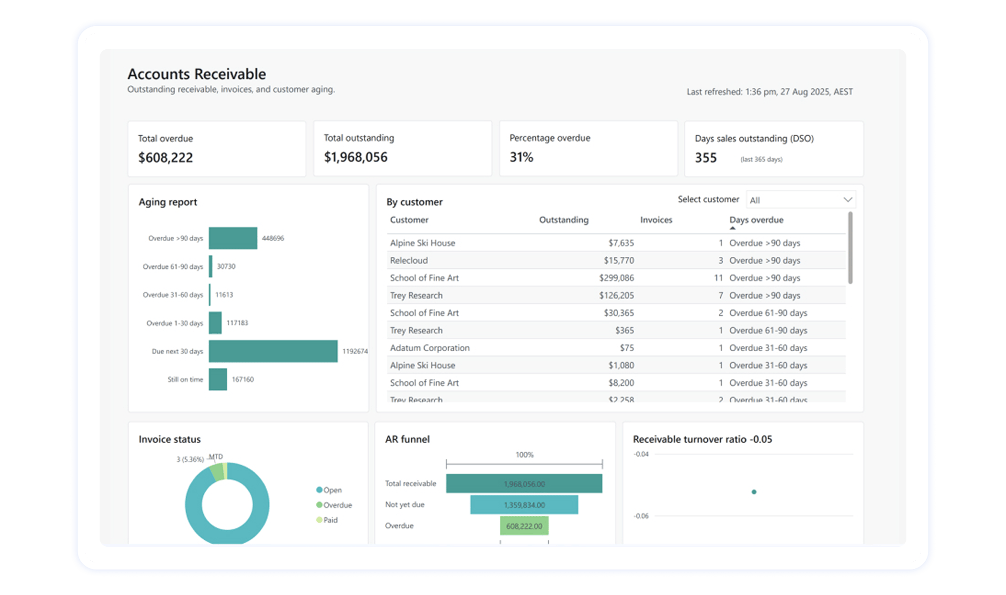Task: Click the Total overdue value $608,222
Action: (x=165, y=158)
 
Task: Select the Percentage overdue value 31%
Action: (x=521, y=157)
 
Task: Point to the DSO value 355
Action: (x=706, y=158)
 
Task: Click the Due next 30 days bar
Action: (x=273, y=351)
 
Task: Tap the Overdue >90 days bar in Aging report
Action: (x=233, y=238)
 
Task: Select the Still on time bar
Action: (x=218, y=379)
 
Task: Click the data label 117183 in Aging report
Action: (x=237, y=323)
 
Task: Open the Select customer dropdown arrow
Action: (x=848, y=200)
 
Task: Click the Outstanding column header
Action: (x=563, y=220)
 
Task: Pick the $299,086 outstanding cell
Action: (x=616, y=278)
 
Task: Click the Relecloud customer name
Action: (x=409, y=260)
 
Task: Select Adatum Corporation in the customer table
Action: (x=430, y=348)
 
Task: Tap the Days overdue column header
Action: (x=756, y=220)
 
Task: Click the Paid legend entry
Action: (x=330, y=520)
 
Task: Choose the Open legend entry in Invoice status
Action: (x=332, y=490)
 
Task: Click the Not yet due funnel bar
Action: (x=524, y=505)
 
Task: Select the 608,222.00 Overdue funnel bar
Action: (x=524, y=526)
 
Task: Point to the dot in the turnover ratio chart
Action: (x=753, y=492)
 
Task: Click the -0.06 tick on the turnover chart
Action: (x=641, y=516)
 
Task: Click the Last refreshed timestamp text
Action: (x=770, y=92)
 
